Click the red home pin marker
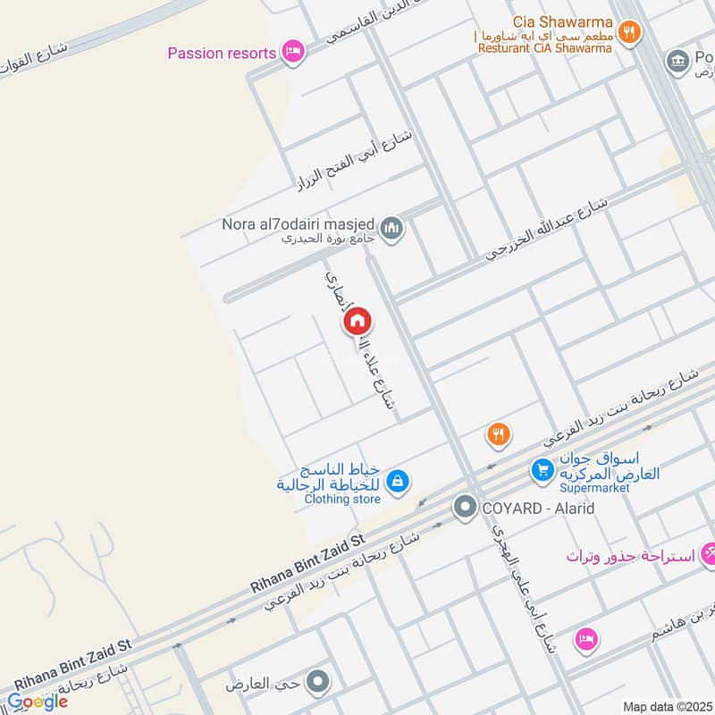(x=357, y=321)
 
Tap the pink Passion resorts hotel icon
(x=291, y=52)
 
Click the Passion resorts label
(x=222, y=53)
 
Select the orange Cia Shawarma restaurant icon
(x=630, y=30)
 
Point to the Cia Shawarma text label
(x=563, y=21)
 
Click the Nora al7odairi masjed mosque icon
(x=391, y=230)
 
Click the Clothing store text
(x=341, y=499)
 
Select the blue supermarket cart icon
(x=541, y=467)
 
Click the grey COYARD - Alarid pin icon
(x=464, y=509)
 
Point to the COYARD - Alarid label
(x=538, y=509)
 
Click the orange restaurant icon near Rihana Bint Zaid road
(x=499, y=435)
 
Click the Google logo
(x=38, y=702)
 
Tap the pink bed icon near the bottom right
(x=586, y=639)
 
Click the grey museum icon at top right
(x=677, y=60)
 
